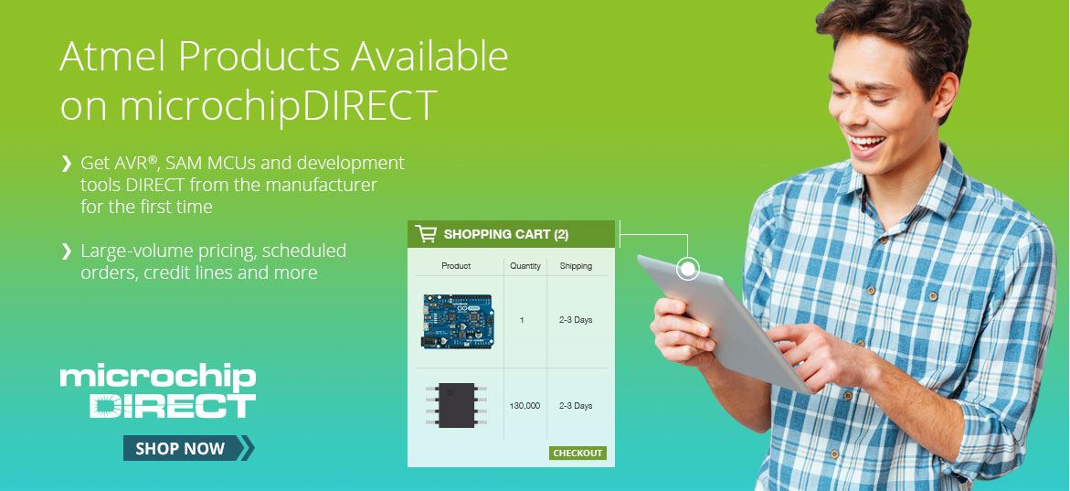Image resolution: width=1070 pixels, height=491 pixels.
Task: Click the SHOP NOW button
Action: (188, 448)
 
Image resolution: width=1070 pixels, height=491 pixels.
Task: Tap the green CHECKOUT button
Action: (577, 453)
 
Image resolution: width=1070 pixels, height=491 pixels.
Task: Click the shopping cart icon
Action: (426, 234)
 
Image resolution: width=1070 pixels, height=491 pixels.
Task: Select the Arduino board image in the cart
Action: (457, 321)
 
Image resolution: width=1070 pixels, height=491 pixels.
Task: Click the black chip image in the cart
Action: (457, 405)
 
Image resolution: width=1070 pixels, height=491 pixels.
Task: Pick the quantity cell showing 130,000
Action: (524, 406)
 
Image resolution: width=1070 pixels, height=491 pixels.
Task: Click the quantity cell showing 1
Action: (522, 320)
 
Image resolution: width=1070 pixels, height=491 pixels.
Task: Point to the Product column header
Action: (456, 266)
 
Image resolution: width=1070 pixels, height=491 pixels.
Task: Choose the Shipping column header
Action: (576, 266)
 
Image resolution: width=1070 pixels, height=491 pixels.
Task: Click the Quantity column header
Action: (525, 266)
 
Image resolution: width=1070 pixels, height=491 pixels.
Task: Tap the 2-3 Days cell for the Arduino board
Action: (576, 320)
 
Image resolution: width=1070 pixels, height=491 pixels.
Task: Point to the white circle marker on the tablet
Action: (688, 269)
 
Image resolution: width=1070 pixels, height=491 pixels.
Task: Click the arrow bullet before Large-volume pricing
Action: (66, 251)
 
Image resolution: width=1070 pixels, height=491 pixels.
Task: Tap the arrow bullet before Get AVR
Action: (66, 164)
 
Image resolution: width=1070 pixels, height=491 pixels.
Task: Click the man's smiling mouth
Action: (865, 144)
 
